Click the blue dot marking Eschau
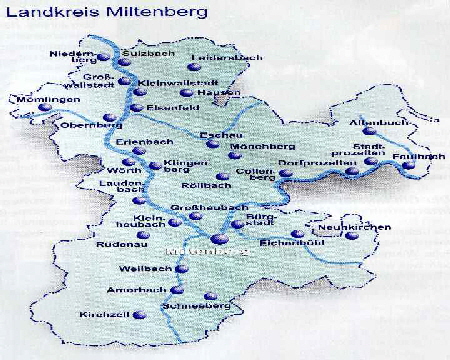click(x=210, y=146)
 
